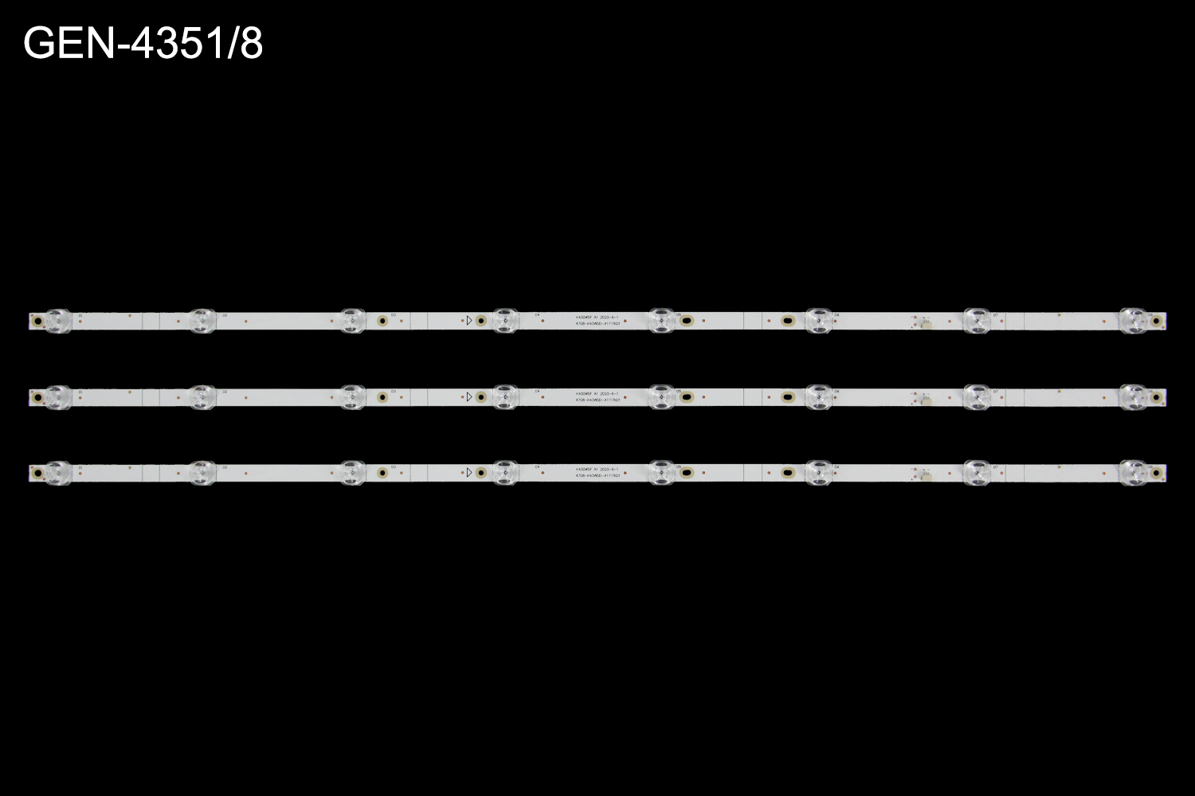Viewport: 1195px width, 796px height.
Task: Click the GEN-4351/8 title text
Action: (x=143, y=44)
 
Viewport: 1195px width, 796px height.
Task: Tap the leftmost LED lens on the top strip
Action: (x=57, y=321)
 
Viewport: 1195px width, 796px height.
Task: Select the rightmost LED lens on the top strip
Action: (x=1133, y=321)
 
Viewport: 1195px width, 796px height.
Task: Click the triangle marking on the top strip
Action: (x=469, y=321)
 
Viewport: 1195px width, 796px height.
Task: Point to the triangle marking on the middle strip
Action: (x=469, y=396)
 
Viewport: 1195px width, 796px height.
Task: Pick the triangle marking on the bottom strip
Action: (x=469, y=472)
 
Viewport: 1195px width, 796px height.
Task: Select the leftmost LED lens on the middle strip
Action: (x=57, y=396)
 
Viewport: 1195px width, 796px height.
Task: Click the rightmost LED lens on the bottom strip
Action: (x=1133, y=472)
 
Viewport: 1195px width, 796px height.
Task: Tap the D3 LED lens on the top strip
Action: (x=351, y=321)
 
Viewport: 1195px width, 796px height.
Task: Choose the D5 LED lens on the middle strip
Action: (x=661, y=396)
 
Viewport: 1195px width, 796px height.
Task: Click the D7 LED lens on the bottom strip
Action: (x=976, y=472)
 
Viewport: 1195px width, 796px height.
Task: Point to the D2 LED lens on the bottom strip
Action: (x=202, y=472)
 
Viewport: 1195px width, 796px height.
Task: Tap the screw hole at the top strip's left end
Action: (x=34, y=322)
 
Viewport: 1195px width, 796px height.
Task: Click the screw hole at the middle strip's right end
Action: (x=1157, y=397)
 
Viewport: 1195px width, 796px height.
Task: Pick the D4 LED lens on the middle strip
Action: (x=505, y=396)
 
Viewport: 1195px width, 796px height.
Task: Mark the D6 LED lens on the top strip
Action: (x=818, y=321)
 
